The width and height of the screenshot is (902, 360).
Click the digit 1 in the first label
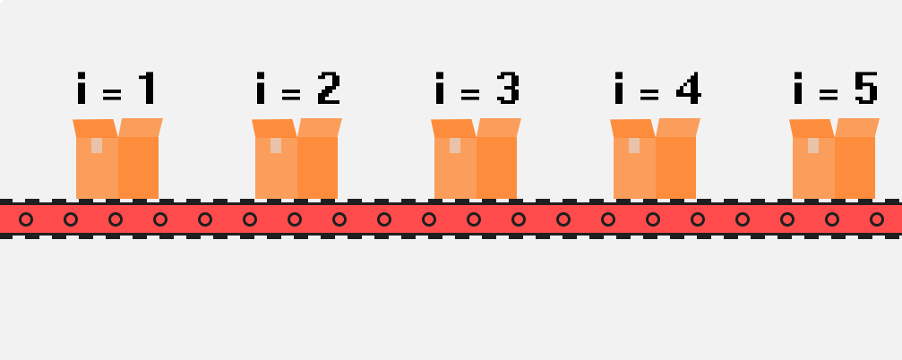click(147, 89)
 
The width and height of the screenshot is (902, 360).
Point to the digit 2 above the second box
click(328, 89)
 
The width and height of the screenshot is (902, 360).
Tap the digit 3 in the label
click(507, 89)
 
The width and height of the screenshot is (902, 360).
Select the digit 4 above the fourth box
click(687, 89)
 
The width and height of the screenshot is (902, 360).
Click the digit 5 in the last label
click(865, 89)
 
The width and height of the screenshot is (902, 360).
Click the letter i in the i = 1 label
click(82, 89)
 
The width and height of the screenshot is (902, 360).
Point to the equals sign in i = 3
click(470, 92)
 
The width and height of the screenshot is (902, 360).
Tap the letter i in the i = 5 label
click(799, 89)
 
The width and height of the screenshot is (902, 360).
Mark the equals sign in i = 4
click(649, 92)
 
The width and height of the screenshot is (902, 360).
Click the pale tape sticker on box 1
click(97, 145)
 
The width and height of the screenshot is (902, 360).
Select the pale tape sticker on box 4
click(634, 145)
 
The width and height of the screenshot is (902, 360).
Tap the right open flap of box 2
click(320, 127)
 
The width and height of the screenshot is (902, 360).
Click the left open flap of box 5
click(811, 128)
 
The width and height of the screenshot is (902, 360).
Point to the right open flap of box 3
click(499, 127)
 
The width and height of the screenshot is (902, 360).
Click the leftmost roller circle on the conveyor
click(26, 219)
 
